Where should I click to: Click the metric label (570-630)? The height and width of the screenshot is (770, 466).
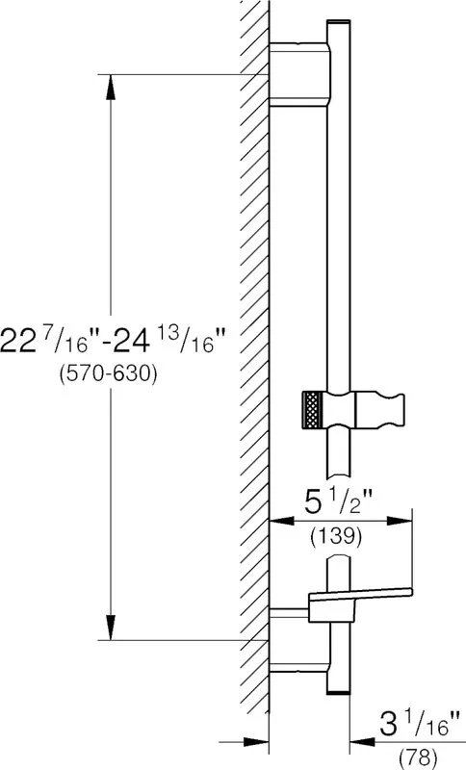pos(108,375)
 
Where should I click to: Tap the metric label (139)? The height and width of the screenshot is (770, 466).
pos(336,537)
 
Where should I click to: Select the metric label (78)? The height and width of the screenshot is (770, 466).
pos(418,759)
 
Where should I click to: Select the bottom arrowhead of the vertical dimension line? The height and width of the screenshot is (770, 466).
pos(111,628)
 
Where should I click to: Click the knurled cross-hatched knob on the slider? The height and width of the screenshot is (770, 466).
pos(313,410)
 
